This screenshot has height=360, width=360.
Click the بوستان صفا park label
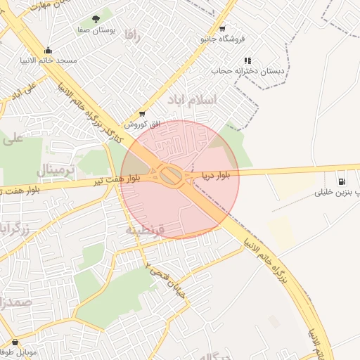(x=96, y=31)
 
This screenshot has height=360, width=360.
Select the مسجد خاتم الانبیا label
(x=49, y=61)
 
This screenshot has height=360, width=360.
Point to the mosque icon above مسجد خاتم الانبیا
(x=48, y=50)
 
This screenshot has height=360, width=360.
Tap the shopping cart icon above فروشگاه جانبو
(x=222, y=29)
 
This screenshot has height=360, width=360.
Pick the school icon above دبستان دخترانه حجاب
(x=247, y=61)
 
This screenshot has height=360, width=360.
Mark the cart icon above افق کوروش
(x=143, y=113)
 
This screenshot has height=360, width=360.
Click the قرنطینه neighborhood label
(x=145, y=230)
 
